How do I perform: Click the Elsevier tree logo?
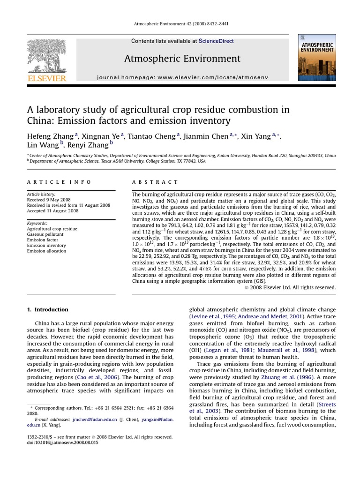click(x=46, y=55)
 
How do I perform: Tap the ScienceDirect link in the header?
click(x=216, y=41)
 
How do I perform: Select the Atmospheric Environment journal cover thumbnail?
click(x=316, y=57)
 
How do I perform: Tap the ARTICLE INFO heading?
click(x=59, y=182)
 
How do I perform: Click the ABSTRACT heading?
click(x=155, y=182)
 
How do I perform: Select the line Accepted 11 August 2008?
click(x=52, y=211)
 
